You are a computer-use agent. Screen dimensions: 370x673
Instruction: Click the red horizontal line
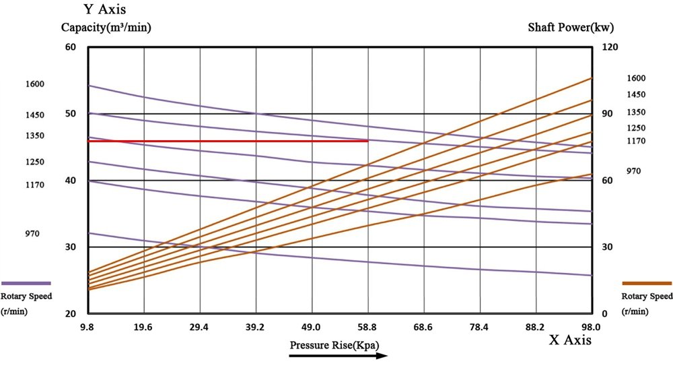click(x=229, y=141)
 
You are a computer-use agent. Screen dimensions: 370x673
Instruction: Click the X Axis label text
click(x=571, y=341)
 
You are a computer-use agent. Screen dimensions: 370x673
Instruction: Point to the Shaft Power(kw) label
click(x=571, y=28)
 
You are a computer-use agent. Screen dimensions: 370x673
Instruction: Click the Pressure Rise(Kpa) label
click(x=334, y=345)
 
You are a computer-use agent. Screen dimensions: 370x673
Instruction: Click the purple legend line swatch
click(x=26, y=284)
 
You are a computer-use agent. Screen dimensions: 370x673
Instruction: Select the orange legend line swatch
click(x=647, y=284)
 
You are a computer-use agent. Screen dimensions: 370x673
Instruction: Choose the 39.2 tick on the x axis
click(x=255, y=328)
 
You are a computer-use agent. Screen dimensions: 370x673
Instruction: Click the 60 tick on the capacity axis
click(x=71, y=47)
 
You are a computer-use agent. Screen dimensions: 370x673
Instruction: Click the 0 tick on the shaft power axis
click(x=604, y=314)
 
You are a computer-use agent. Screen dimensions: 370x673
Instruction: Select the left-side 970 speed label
click(x=32, y=234)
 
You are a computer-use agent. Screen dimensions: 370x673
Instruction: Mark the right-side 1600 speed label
click(x=636, y=78)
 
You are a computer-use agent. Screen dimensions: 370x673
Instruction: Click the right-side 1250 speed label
click(x=636, y=128)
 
